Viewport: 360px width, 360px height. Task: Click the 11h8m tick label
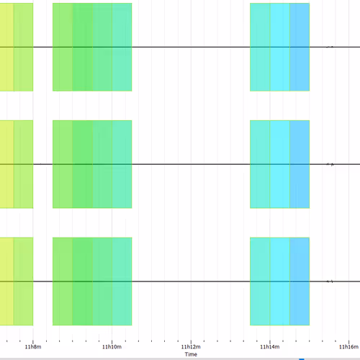[x=33, y=347]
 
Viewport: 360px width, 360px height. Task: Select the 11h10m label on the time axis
[x=112, y=347]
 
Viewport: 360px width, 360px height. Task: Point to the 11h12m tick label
[x=190, y=347]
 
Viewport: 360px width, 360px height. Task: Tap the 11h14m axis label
[x=269, y=347]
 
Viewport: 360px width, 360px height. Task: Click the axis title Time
[x=190, y=354]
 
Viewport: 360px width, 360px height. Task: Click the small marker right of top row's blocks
[x=330, y=47]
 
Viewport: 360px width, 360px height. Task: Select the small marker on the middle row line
[x=330, y=164]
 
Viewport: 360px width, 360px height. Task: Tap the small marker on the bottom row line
[x=330, y=281]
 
